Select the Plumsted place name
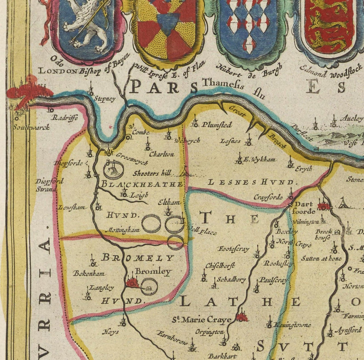tap(217, 125)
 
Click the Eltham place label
tap(169, 202)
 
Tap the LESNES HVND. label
tap(250, 182)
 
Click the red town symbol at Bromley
tap(132, 283)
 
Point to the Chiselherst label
tap(220, 266)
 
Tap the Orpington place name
tap(210, 332)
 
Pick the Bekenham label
tap(89, 273)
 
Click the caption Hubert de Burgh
tap(250, 70)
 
